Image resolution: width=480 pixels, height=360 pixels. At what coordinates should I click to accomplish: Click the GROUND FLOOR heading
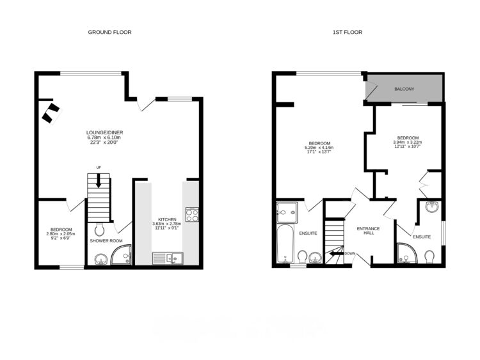point(109,32)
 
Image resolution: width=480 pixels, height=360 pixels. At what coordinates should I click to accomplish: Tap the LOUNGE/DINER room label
point(104,133)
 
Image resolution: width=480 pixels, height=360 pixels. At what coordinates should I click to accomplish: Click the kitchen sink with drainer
point(167,258)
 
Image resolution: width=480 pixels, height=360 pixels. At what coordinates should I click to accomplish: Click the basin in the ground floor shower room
point(100,259)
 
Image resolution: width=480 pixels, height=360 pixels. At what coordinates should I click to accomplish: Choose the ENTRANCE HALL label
point(368,230)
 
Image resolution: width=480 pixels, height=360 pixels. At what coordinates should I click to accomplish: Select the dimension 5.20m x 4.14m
point(319,148)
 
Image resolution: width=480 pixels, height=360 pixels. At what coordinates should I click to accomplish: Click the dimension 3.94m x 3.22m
point(408,143)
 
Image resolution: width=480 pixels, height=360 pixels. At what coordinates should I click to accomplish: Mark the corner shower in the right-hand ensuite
point(406,254)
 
